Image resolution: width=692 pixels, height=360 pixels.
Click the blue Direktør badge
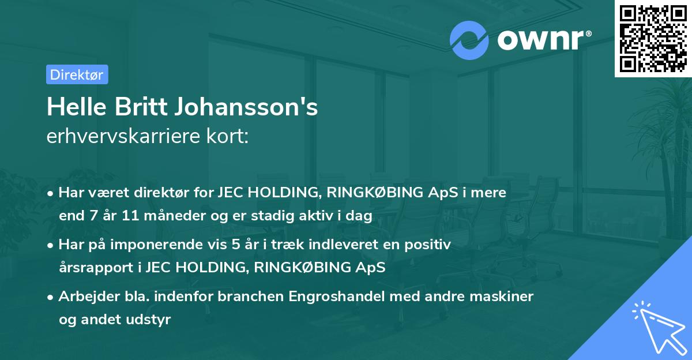(x=77, y=74)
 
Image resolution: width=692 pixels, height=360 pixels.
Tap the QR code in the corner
(x=653, y=38)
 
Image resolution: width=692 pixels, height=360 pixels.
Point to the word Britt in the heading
(x=130, y=108)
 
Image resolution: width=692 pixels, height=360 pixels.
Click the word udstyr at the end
(x=152, y=320)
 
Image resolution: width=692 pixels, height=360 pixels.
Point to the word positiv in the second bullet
(x=430, y=245)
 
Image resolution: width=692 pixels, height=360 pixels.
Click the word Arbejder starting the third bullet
(x=84, y=297)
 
